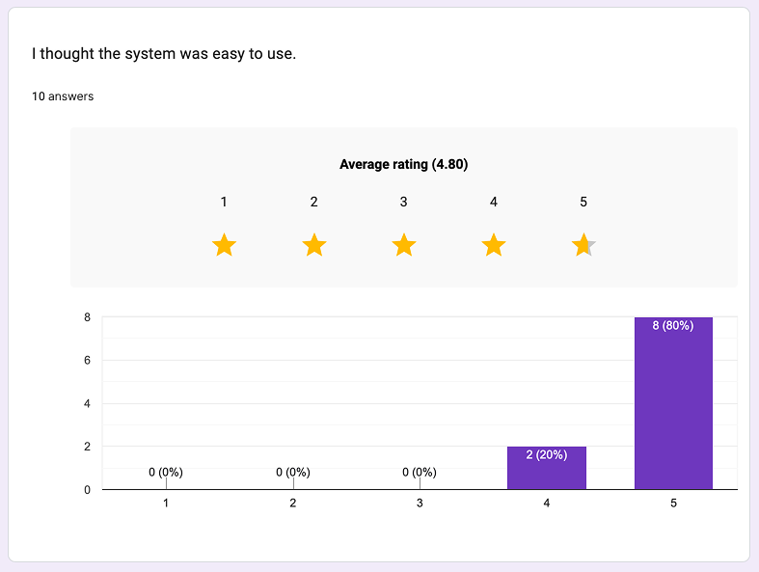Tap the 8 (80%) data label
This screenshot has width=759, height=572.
[x=673, y=326]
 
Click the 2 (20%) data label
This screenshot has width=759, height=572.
[x=546, y=454]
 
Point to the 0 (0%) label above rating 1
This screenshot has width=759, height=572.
[x=166, y=473]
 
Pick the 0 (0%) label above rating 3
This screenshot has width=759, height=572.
[x=420, y=473]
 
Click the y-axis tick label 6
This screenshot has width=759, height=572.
[x=87, y=360]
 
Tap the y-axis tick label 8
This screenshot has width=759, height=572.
[x=87, y=316]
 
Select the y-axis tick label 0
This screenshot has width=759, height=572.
[x=87, y=490]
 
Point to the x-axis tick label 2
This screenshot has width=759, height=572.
[x=292, y=504]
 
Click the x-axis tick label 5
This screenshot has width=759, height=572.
[x=673, y=504]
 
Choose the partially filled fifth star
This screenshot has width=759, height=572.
[x=583, y=245]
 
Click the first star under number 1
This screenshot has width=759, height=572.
[x=224, y=245]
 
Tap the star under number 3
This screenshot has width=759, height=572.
[x=404, y=245]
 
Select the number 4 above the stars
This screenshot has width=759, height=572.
[x=494, y=202]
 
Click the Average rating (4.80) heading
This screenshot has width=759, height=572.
[x=403, y=164]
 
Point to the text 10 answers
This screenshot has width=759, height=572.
[x=63, y=96]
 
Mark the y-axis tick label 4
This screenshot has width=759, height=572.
[x=87, y=403]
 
